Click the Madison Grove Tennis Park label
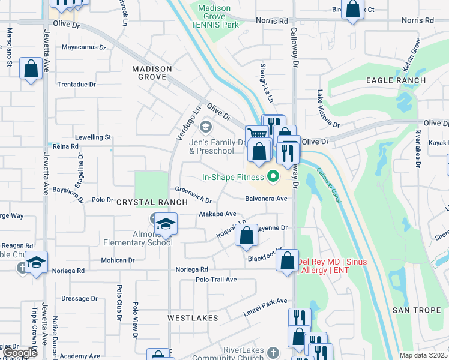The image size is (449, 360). (x=214, y=16)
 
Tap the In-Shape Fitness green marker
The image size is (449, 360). (x=274, y=176)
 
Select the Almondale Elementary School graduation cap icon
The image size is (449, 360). (x=166, y=224)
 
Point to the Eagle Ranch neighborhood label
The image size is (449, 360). (x=396, y=80)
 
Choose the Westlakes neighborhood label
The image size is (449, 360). (x=192, y=317)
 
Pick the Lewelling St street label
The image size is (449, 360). (x=93, y=137)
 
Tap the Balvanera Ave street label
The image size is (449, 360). (x=267, y=199)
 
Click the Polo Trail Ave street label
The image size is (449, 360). (x=216, y=280)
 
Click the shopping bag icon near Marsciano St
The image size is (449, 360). (x=31, y=68)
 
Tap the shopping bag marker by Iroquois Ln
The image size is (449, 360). (x=246, y=236)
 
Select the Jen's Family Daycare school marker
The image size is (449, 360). (x=206, y=127)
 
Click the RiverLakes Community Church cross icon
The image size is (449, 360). (x=273, y=352)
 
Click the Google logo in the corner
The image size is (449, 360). (x=19, y=353)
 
